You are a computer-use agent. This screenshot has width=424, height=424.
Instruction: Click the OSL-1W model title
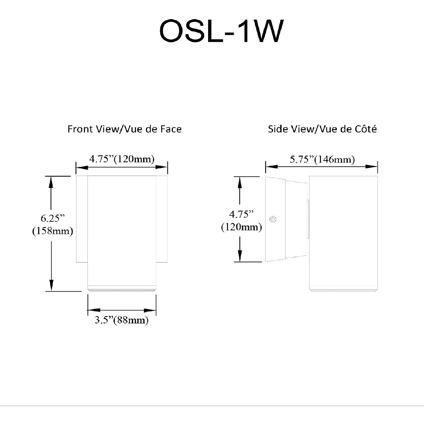pyautogui.click(x=221, y=31)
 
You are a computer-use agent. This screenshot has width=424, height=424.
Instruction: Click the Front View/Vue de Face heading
pyautogui.click(x=124, y=129)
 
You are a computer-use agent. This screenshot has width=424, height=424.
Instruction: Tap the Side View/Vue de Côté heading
pyautogui.click(x=322, y=129)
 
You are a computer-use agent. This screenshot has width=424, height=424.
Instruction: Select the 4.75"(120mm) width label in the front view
pyautogui.click(x=122, y=159)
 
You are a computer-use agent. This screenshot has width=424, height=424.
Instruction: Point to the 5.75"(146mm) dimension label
pyautogui.click(x=322, y=160)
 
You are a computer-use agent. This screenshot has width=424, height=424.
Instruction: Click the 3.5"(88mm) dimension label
pyautogui.click(x=122, y=320)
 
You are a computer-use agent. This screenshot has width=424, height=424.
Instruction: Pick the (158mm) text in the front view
pyautogui.click(x=53, y=231)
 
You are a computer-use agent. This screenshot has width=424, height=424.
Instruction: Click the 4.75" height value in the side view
pyautogui.click(x=241, y=215)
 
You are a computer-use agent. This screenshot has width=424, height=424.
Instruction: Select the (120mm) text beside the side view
pyautogui.click(x=241, y=227)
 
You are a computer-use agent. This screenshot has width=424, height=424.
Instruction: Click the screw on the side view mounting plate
pyautogui.click(x=273, y=219)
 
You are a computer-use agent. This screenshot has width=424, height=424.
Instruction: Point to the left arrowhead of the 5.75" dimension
pyautogui.click(x=271, y=167)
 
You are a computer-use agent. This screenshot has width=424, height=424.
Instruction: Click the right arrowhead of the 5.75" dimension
pyautogui.click(x=372, y=167)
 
